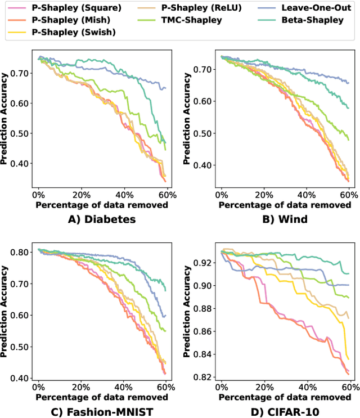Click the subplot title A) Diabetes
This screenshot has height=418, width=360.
coord(102,219)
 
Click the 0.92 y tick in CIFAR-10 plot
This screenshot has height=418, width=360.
coord(205,263)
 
